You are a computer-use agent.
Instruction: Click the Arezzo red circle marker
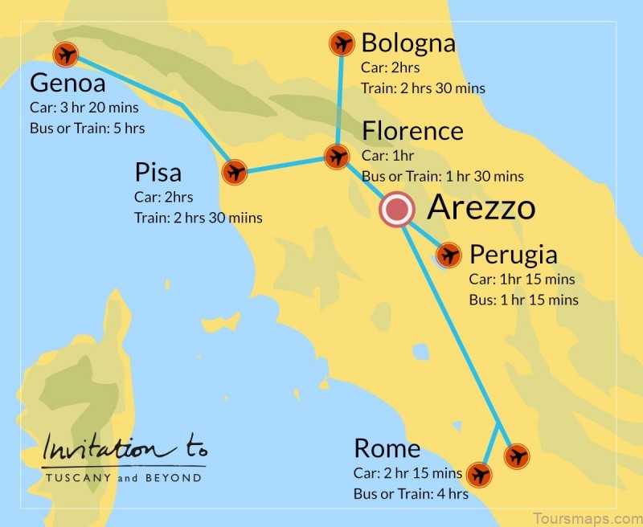point(396,210)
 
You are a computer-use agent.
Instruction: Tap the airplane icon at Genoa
point(64,55)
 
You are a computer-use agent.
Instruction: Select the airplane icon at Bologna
point(342,43)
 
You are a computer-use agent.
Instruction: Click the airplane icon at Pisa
point(235,172)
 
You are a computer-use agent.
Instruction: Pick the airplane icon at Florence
point(336,156)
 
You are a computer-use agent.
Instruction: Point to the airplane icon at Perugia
point(448,256)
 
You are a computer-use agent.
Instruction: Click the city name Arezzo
point(481,208)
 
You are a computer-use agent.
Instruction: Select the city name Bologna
point(408,43)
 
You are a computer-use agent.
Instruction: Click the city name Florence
point(412,131)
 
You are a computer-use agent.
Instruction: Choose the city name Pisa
point(158,173)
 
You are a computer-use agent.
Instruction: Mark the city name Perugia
point(513,255)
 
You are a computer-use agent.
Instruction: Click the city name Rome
point(387,448)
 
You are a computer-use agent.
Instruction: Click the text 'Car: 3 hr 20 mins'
point(84,107)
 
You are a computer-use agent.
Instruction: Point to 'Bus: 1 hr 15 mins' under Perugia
point(523,300)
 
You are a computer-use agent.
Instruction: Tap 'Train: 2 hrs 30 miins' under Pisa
point(199,218)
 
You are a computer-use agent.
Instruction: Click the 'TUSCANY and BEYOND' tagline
point(123,477)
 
